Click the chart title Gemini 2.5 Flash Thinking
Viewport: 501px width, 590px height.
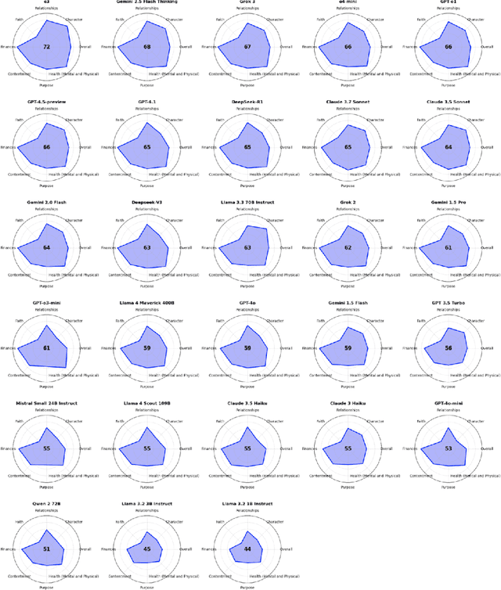pos(147,4)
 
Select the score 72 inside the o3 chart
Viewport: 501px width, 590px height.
pos(47,47)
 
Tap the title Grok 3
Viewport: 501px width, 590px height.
pos(247,4)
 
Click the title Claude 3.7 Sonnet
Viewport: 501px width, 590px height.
pos(348,104)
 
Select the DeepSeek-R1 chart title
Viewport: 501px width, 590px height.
pos(247,104)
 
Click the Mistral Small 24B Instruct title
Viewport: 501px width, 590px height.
pos(47,405)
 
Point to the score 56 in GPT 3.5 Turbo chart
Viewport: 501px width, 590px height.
pos(448,347)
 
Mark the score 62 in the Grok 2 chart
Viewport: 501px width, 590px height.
pos(348,247)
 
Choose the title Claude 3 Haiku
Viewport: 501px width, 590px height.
pos(348,405)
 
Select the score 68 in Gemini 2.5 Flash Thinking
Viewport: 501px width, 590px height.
pos(147,47)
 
